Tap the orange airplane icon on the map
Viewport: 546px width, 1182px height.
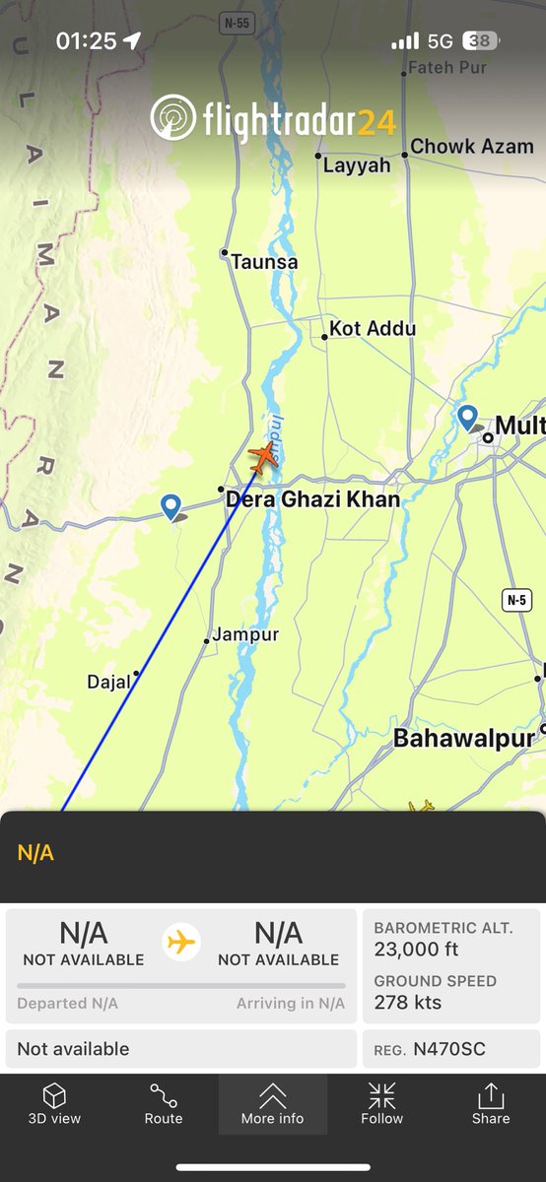[263, 457]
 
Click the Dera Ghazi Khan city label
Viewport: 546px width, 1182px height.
[312, 499]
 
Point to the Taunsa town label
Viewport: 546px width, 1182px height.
[263, 262]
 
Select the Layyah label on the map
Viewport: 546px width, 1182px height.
[356, 165]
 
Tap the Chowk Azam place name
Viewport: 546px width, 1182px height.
[471, 146]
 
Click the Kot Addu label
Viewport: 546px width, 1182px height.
[372, 329]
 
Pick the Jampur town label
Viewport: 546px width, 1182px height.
[245, 634]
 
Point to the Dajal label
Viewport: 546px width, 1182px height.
[108, 682]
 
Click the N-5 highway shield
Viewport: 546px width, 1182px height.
[516, 600]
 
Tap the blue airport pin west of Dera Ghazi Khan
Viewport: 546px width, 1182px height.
[171, 507]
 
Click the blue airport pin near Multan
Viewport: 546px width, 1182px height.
[468, 418]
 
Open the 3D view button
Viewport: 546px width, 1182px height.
[54, 1103]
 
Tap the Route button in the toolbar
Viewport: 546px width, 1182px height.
[164, 1103]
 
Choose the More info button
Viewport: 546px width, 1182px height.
[273, 1103]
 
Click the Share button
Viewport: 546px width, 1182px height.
[490, 1103]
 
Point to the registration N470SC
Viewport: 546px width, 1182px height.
[449, 1049]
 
